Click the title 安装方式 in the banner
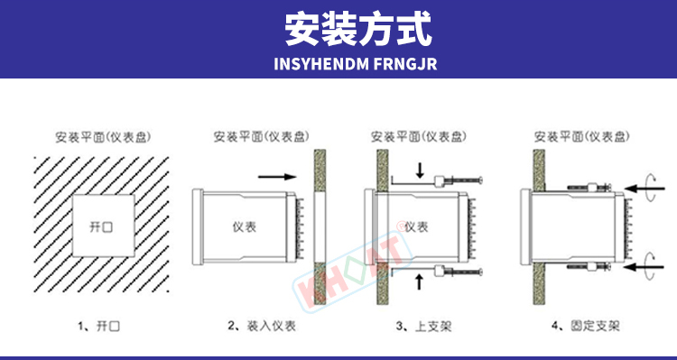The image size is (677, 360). pos(358,29)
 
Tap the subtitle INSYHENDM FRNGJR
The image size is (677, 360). pos(356,63)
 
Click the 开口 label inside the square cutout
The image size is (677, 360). pos(101,226)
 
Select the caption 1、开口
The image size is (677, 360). pos(99,326)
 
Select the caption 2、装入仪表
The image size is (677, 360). pos(262,326)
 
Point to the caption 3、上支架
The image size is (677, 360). pos(423,326)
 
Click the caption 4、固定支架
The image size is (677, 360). pos(586,326)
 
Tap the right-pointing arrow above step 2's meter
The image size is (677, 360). pos(277,177)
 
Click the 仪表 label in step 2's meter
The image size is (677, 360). pos(245,226)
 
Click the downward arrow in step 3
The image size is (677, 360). pos(420,170)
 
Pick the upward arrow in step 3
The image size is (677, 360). pos(420,282)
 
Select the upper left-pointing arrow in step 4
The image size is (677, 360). pos(645,189)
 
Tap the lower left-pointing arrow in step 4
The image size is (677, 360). pos(645,267)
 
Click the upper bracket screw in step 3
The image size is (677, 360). pos(459,180)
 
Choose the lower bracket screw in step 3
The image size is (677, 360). pos(459,272)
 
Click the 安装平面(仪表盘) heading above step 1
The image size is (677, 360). pos(103,137)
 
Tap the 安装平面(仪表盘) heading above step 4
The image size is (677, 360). pos(581,137)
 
